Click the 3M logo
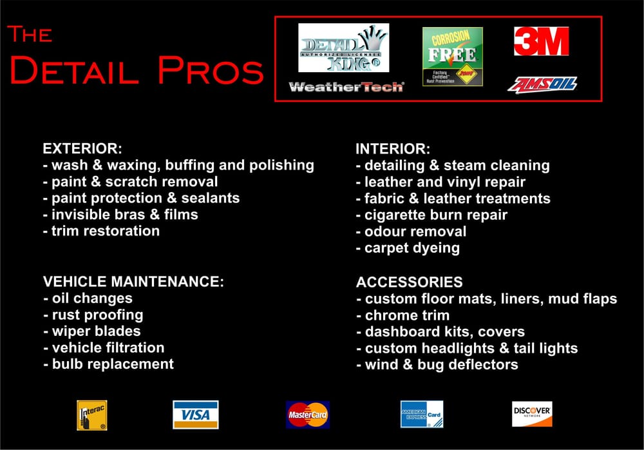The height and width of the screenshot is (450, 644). pos(541,41)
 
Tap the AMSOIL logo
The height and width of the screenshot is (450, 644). pos(542,84)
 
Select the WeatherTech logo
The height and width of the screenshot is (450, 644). pos(346,87)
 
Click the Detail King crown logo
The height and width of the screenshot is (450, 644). pos(344,48)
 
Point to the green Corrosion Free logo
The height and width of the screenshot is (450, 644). pos(452,56)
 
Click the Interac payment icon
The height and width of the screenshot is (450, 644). pos(92,415)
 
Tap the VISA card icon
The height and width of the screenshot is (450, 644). pos(195,415)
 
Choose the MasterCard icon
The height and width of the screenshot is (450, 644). pos(307,415)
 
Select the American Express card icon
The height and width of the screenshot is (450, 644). pos(421,415)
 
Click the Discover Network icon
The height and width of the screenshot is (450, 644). pos(532,414)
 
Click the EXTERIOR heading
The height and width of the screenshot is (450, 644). pos(82,148)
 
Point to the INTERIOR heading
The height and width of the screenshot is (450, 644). pos(393,149)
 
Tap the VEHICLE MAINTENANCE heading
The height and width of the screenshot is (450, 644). pos(133,282)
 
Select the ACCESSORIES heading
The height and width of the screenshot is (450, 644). pos(409,282)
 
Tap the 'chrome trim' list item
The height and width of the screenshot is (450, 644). pos(402,315)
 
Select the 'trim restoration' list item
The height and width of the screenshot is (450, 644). pos(101,231)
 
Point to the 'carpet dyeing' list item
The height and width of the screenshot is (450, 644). pos(408,248)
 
